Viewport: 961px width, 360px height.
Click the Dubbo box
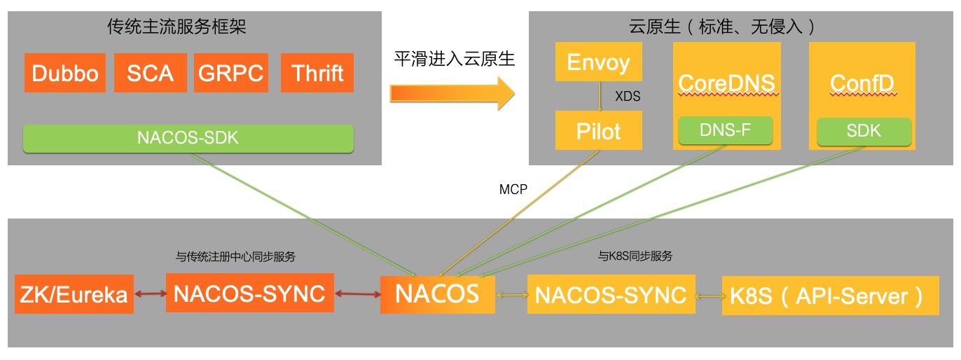[65, 73]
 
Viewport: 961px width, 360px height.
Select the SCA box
[150, 73]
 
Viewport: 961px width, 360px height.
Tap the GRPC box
[230, 73]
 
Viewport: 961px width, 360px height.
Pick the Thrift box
[317, 73]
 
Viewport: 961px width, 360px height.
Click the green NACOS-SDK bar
[188, 138]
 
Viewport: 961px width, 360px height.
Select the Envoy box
[598, 62]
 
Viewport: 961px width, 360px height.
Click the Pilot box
[598, 130]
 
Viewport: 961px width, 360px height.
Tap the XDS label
[628, 97]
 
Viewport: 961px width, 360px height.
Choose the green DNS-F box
[725, 130]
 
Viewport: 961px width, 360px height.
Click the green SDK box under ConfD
[864, 130]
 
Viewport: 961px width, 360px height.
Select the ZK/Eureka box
[73, 294]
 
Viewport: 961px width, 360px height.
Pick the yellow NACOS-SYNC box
[610, 294]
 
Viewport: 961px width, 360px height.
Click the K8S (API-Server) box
[830, 296]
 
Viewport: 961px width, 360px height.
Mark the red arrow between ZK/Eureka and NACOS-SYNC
[148, 294]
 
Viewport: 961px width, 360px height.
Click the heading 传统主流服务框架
[177, 27]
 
